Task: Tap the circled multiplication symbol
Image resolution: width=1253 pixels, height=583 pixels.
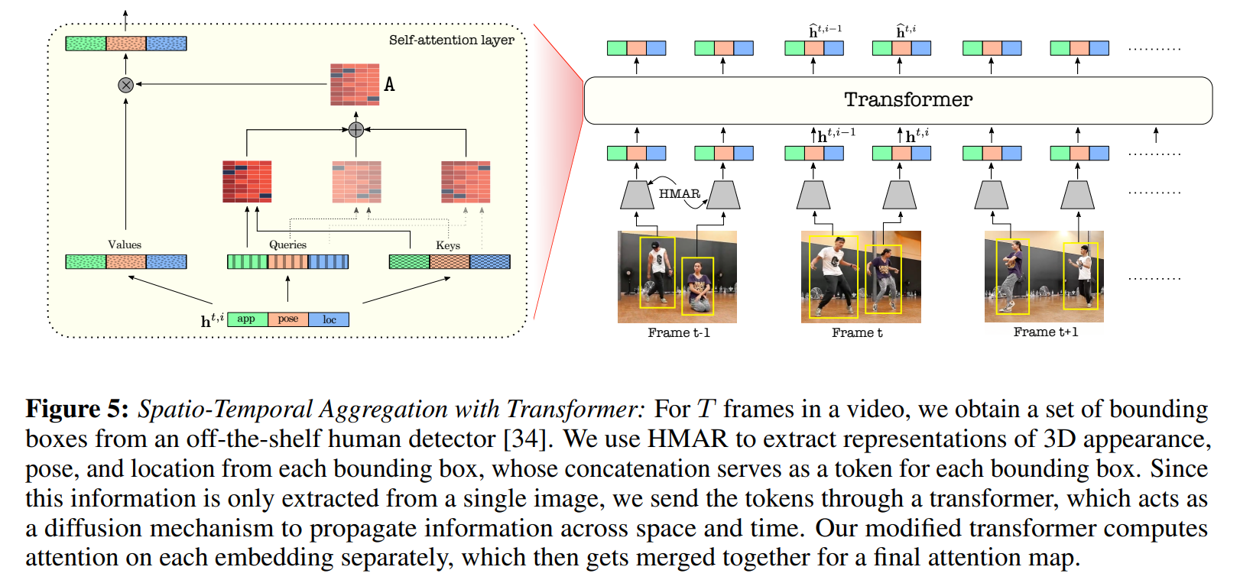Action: [126, 85]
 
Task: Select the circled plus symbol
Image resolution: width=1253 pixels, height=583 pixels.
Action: [355, 130]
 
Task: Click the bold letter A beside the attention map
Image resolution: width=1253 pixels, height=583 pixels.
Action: [389, 85]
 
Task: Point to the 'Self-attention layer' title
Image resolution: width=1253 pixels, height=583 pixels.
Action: [451, 40]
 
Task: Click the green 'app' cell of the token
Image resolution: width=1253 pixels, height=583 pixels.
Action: [247, 319]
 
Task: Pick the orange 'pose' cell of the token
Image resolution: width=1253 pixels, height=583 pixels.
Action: [288, 319]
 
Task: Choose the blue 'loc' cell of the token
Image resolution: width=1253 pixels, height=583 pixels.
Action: [329, 319]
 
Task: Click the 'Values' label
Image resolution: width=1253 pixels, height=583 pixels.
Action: [125, 245]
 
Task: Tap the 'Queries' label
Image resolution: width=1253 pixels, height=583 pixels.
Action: [287, 245]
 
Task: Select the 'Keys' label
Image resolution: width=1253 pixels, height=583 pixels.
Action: [448, 245]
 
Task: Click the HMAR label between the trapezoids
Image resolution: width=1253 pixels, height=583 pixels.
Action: [679, 193]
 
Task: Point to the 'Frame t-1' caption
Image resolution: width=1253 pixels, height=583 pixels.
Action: [679, 333]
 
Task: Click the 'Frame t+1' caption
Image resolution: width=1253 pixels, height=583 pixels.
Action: [1045, 332]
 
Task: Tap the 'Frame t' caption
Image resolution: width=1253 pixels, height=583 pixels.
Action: [857, 333]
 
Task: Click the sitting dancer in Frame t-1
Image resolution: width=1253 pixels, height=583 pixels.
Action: [697, 286]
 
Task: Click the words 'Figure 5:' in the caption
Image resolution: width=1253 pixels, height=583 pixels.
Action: [77, 410]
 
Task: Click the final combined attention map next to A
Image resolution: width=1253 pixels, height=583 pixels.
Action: [355, 84]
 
